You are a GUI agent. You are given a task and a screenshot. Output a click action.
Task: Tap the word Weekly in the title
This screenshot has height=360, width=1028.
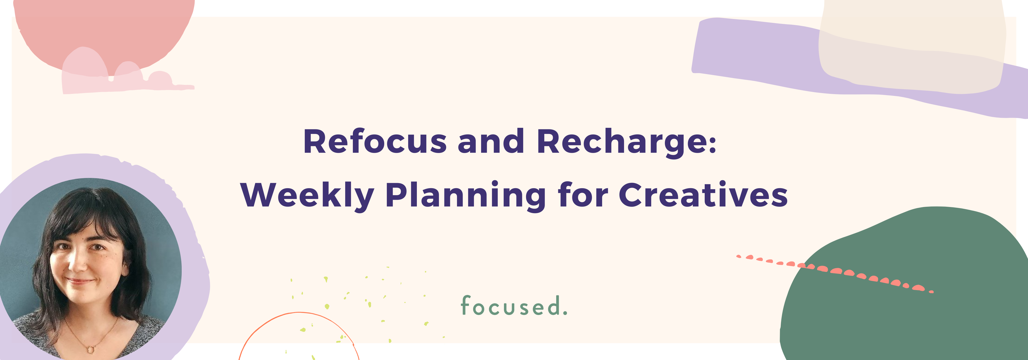tap(307, 196)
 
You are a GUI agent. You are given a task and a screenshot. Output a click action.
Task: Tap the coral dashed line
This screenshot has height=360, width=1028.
tap(834, 271)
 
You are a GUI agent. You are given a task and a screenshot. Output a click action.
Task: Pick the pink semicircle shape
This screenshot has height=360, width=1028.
tap(104, 28)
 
